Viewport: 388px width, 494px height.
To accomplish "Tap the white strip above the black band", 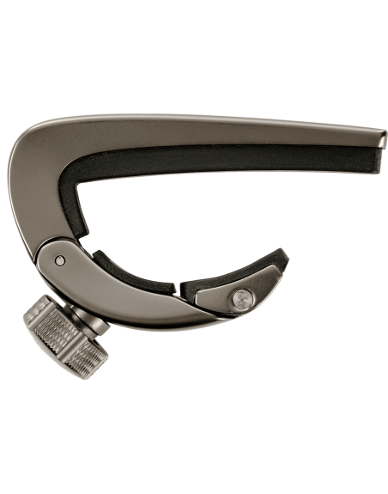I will pos(194,57).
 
